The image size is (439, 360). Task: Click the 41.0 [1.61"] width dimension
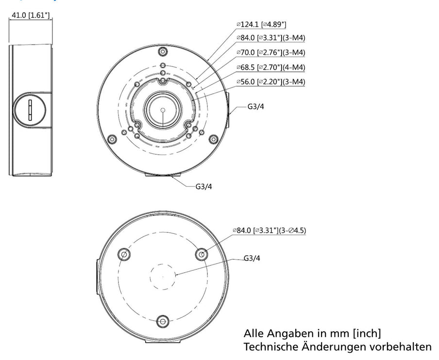30,15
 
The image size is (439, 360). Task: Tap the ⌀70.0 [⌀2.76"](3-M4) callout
270,52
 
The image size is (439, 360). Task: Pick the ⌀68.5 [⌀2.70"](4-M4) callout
270,67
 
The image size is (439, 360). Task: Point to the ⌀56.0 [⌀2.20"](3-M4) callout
270,82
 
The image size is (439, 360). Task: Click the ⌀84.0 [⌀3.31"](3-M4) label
270,38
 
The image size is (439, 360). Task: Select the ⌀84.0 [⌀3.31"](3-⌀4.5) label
270,230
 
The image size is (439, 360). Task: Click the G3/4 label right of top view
255,107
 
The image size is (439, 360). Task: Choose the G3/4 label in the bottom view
252,259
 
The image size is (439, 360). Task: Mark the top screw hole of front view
162,52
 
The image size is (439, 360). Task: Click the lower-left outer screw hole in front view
112,139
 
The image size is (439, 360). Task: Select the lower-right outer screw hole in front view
212,139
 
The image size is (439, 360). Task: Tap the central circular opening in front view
162,110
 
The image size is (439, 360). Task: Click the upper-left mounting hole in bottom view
124,254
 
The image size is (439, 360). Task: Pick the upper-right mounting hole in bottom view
201,254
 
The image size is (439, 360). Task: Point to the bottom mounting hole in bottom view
163,321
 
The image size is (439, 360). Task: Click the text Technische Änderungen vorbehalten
337,347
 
